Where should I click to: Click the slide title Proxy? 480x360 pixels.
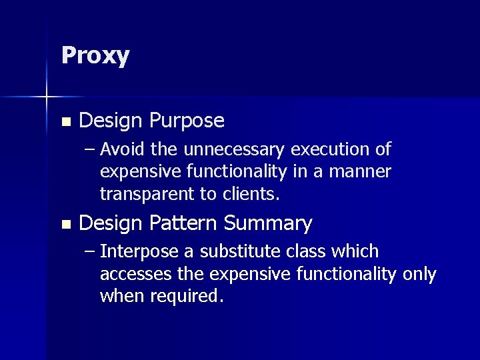[95, 56]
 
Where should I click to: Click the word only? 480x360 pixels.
[419, 274]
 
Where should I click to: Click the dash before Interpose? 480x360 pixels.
[90, 252]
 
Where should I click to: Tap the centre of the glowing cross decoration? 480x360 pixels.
[47, 98]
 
